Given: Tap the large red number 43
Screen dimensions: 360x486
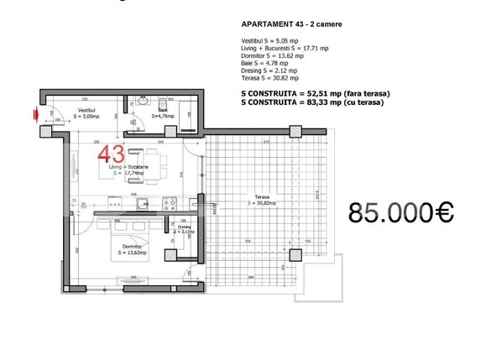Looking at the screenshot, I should point(112,154).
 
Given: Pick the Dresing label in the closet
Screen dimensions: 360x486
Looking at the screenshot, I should point(184,228).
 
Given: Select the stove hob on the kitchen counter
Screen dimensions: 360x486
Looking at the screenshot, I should point(169,202).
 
